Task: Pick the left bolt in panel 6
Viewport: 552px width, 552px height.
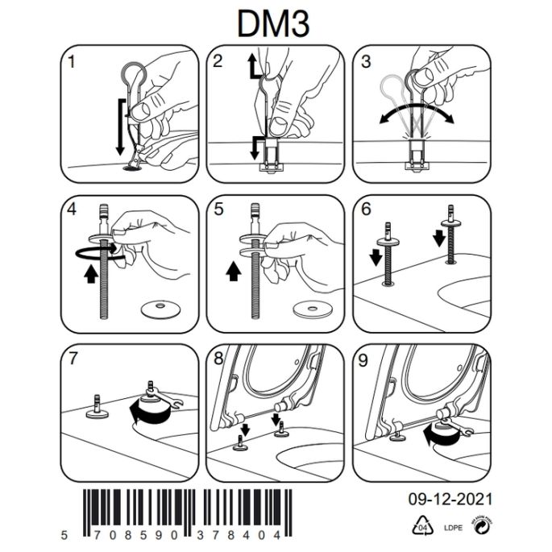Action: click(388, 258)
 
